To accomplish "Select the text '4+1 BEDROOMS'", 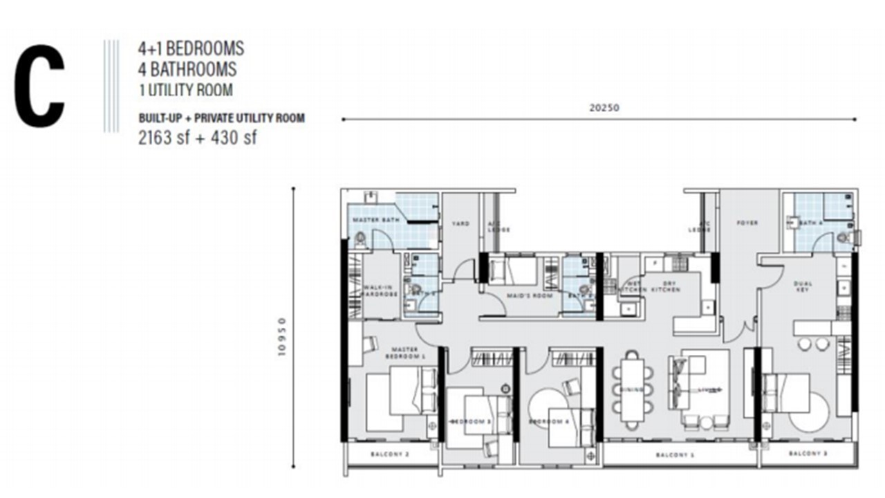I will [190, 48].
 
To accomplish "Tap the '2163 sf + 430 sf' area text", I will [198, 138].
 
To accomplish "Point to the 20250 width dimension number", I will [599, 108].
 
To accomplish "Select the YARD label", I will [460, 224].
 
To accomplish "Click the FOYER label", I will [747, 223].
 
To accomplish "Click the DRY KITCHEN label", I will [668, 286].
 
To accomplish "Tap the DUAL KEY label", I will [803, 287].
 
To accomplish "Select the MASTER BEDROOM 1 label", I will [404, 353].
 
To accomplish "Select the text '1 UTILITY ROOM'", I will [185, 90].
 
